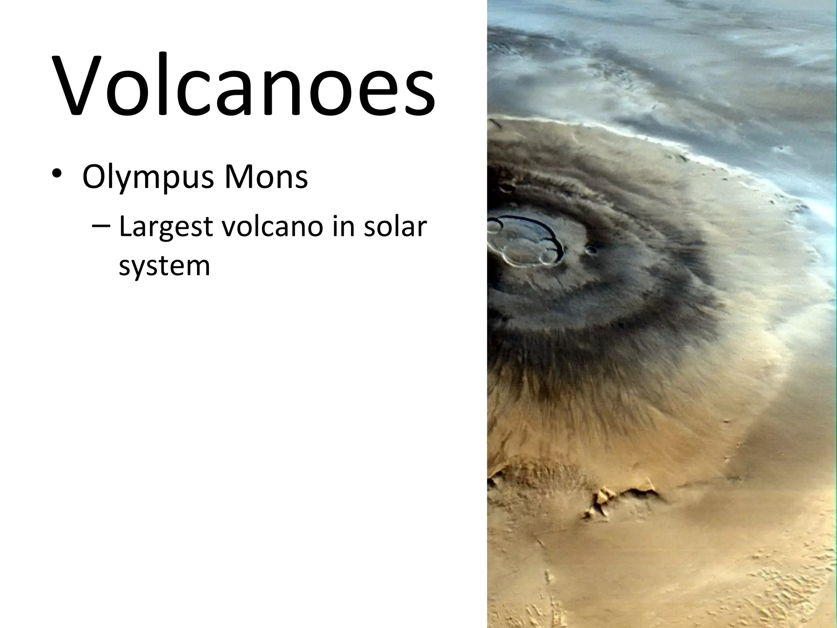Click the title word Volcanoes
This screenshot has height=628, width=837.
(x=244, y=87)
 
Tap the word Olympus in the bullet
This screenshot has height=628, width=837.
(x=148, y=177)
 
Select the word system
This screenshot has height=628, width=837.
(x=164, y=266)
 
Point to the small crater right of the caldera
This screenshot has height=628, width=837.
(x=591, y=250)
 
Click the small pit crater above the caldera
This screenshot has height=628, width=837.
(x=508, y=188)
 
